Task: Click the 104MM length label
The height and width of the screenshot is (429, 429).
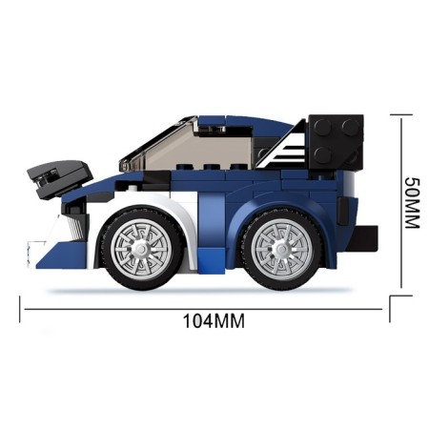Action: [214, 321]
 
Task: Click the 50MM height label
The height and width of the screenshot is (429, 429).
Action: [412, 203]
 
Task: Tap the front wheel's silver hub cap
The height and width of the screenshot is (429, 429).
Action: [141, 248]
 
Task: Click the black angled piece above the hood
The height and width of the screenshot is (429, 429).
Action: [60, 178]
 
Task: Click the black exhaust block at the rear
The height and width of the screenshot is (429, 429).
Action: [362, 238]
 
